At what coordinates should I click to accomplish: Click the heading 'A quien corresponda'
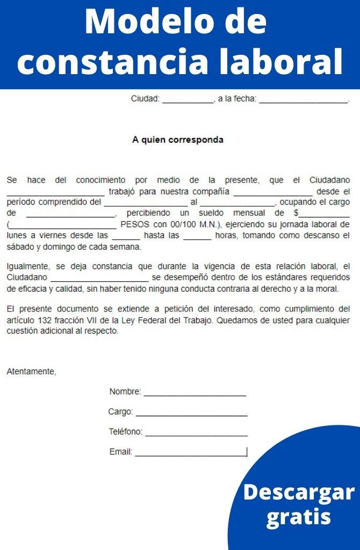(178, 140)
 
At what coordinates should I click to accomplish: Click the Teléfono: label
(126, 432)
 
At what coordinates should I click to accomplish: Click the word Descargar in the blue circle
(299, 493)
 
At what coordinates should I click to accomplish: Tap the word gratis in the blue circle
(299, 517)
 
